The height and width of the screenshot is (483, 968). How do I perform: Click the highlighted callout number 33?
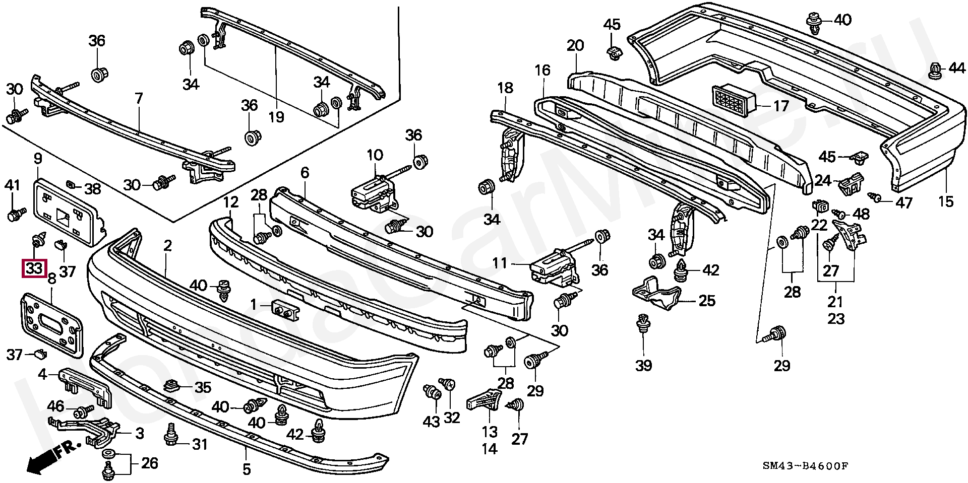pos(34,268)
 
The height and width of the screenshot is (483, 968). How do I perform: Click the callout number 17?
pos(781,107)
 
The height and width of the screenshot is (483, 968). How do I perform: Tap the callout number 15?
pos(946,201)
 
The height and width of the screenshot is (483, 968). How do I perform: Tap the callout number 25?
pos(707,301)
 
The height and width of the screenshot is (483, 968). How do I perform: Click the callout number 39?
pos(644,365)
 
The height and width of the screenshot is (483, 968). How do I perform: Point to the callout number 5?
pos(246,469)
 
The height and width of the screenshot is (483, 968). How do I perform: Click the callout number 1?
pos(254,304)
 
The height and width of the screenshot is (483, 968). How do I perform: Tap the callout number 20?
pos(575,46)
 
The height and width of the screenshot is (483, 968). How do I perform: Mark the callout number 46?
pos(56,406)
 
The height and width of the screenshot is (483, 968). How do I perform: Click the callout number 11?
pos(499,263)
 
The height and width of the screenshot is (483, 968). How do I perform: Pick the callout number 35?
pos(203,388)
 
